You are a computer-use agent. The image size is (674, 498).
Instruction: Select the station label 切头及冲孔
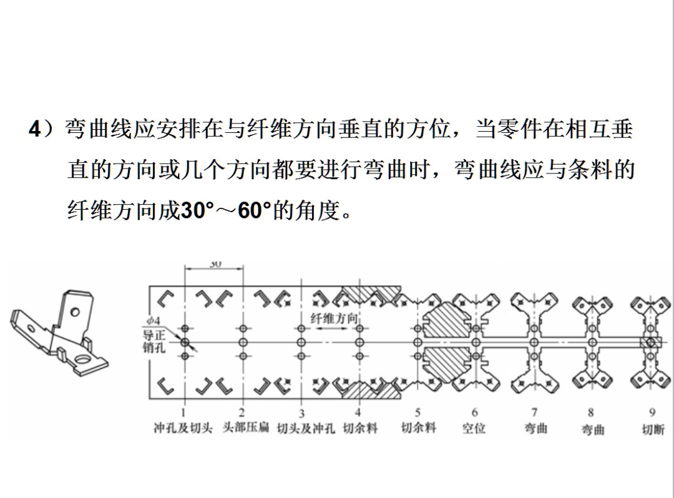coord(305,429)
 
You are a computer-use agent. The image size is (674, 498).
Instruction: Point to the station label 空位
coord(474,429)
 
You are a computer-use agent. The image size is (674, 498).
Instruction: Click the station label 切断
coord(653,429)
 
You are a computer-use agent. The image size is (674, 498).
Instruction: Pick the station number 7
coord(534,413)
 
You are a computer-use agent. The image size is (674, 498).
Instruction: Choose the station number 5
coord(418,413)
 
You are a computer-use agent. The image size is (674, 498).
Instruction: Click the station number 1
coord(183,413)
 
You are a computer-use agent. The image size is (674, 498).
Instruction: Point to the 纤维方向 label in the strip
coord(335,318)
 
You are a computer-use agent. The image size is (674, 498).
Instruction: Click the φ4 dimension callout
coord(154,320)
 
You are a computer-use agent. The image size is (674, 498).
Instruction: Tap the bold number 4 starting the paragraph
coord(35,130)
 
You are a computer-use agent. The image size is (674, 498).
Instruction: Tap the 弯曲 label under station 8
coord(593,429)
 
